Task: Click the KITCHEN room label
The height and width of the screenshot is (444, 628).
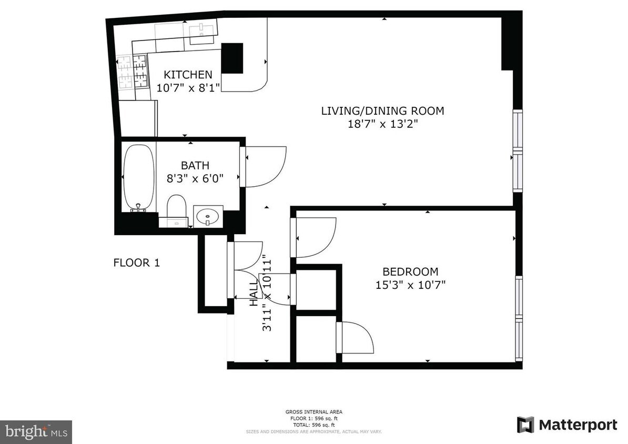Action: point(188,75)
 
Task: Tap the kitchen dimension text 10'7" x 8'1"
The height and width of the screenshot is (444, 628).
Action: point(188,87)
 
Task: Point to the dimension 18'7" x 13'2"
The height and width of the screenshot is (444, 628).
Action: point(382,124)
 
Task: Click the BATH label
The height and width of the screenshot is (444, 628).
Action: point(195,166)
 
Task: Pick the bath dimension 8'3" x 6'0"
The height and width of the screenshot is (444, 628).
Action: point(195,178)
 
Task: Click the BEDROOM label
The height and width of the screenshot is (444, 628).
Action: point(410,272)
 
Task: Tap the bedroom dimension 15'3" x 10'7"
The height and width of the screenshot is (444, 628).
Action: point(410,285)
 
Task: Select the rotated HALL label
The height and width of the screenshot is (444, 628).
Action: point(254,293)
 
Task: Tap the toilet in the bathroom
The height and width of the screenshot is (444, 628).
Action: point(176,208)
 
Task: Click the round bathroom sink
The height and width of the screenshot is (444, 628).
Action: point(208,216)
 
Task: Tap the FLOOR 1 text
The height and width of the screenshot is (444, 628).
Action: point(136,263)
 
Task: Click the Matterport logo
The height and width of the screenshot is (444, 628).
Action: point(566,425)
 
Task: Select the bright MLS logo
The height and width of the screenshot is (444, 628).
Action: point(36,432)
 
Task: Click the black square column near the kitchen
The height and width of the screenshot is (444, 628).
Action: point(232,58)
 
